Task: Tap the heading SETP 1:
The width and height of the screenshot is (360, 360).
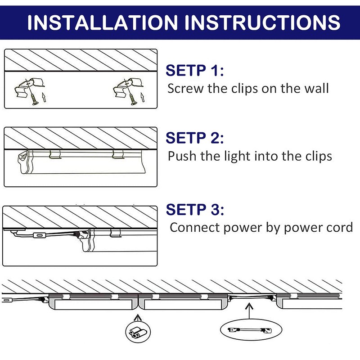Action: click(194, 71)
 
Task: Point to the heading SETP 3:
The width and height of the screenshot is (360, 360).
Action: click(194, 209)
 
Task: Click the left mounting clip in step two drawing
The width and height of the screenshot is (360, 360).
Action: click(55, 154)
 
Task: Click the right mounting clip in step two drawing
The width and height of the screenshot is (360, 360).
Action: click(118, 154)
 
